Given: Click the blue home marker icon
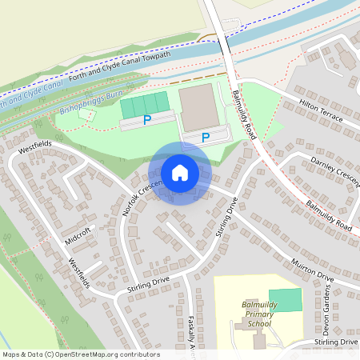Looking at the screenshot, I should coord(180,173).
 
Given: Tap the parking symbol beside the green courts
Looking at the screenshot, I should coord(146,120).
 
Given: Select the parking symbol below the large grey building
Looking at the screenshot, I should coord(206,138).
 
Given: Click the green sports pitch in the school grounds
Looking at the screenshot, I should coord(286,301).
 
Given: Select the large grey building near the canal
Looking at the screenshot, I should coord(199,107).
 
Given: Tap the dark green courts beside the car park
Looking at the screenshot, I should coord(145,103).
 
